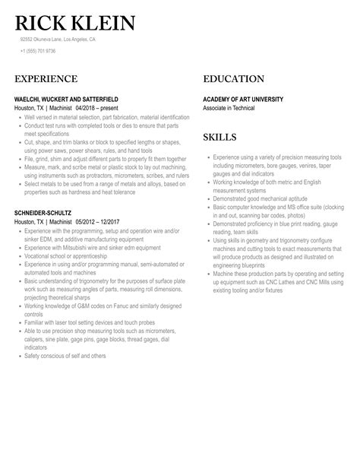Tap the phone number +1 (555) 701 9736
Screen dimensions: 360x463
tap(37, 51)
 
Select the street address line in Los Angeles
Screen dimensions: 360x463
tap(58, 39)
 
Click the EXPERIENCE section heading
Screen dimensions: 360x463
tap(46, 79)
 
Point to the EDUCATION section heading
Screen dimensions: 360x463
tap(234, 79)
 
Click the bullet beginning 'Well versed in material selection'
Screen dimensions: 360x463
tap(106, 117)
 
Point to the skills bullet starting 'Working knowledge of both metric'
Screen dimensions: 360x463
tap(266, 181)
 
